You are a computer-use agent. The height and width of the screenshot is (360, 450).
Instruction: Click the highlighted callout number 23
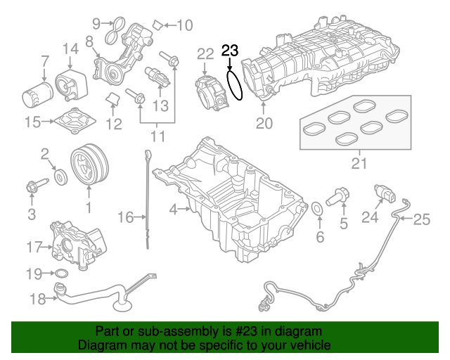pos(230,50)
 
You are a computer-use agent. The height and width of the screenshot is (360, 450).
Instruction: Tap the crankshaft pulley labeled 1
pos(89,167)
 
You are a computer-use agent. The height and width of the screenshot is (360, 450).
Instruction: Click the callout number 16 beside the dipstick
pos(125,218)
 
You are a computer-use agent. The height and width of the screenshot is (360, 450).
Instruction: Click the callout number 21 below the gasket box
pos(359,165)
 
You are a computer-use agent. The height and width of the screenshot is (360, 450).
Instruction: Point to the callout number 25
pos(420,220)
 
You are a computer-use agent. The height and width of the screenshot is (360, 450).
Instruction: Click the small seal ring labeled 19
pos(61,273)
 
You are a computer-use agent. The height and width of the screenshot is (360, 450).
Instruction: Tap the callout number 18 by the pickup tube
pos(36,299)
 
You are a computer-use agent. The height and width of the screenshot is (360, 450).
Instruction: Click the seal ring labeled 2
pos(61,174)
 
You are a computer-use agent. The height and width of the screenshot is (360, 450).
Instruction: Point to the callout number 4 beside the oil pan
pos(173,209)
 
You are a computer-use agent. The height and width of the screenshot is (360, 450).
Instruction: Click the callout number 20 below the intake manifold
pos(264,124)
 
